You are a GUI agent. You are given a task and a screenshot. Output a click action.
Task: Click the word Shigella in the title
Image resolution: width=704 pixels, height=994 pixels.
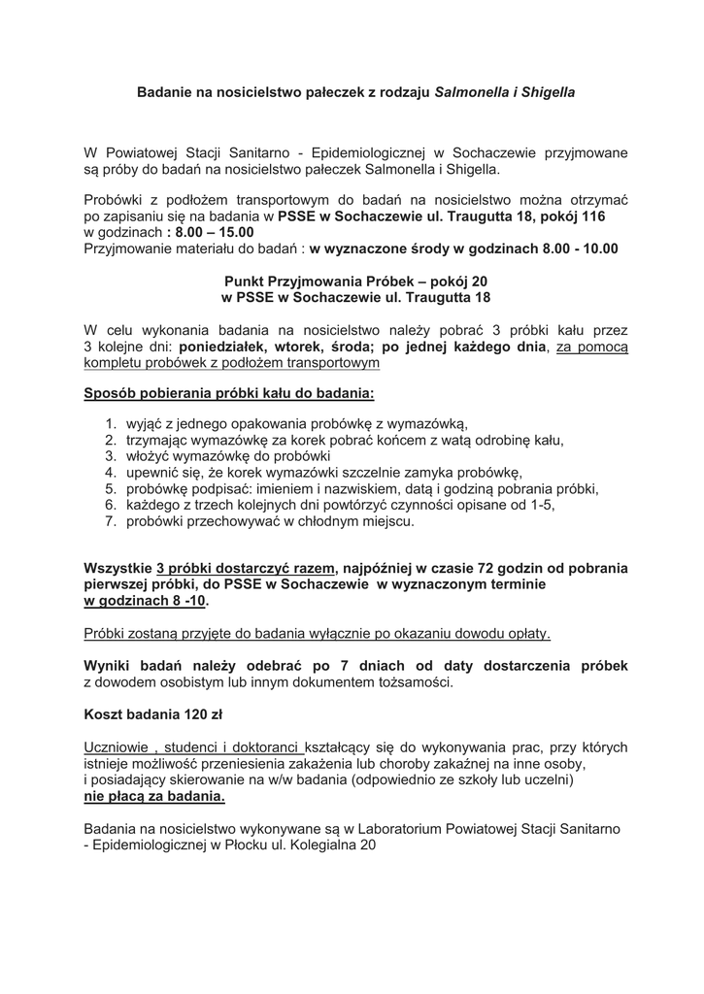(549, 93)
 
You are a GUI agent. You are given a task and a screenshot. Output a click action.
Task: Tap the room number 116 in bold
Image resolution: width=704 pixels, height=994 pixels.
(592, 216)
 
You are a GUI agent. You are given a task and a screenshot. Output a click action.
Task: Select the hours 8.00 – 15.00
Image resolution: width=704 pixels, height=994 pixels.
(213, 232)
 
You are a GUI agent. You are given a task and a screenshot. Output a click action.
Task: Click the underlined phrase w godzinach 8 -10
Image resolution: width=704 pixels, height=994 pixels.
(145, 601)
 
